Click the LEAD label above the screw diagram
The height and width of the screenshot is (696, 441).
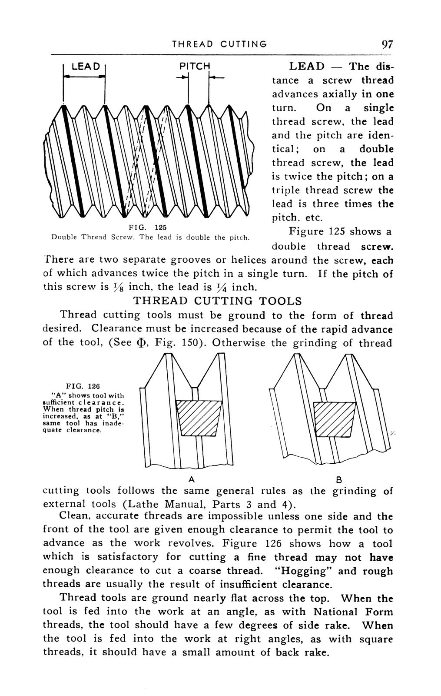tap(86, 67)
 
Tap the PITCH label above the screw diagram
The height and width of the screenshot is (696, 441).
tap(195, 67)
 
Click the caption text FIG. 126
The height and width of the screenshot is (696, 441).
tap(83, 386)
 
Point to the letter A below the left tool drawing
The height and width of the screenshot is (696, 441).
tap(190, 479)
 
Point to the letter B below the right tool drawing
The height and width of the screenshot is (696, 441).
tap(339, 479)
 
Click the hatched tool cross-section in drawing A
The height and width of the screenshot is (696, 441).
tap(199, 418)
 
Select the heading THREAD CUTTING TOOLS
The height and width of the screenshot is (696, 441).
tap(217, 301)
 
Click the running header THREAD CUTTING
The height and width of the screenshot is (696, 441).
tap(219, 44)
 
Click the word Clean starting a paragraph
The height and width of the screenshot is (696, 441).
tap(74, 516)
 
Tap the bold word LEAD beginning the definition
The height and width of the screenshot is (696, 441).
tap(307, 67)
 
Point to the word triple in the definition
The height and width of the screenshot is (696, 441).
tap(286, 191)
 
